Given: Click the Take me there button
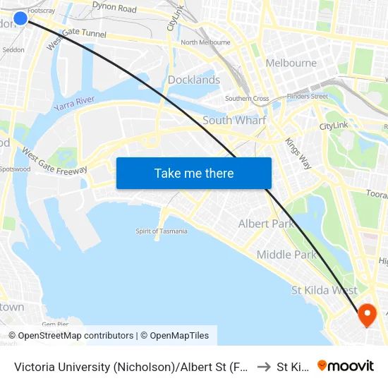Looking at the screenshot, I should [194, 174].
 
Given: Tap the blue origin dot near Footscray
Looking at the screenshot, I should [20, 18].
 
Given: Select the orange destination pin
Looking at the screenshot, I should [368, 314].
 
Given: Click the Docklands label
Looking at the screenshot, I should [194, 80].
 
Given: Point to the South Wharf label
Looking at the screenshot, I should [234, 120].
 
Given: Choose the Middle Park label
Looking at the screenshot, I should [286, 255].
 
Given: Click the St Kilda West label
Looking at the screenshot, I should [325, 290].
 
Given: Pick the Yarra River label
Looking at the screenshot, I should [73, 106].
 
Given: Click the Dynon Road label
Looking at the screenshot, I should [114, 8].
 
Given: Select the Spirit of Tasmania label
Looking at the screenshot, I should [162, 231].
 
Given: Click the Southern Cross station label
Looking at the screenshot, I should [246, 99].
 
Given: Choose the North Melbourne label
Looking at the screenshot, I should [205, 42].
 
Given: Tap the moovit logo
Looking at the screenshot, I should [346, 365].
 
